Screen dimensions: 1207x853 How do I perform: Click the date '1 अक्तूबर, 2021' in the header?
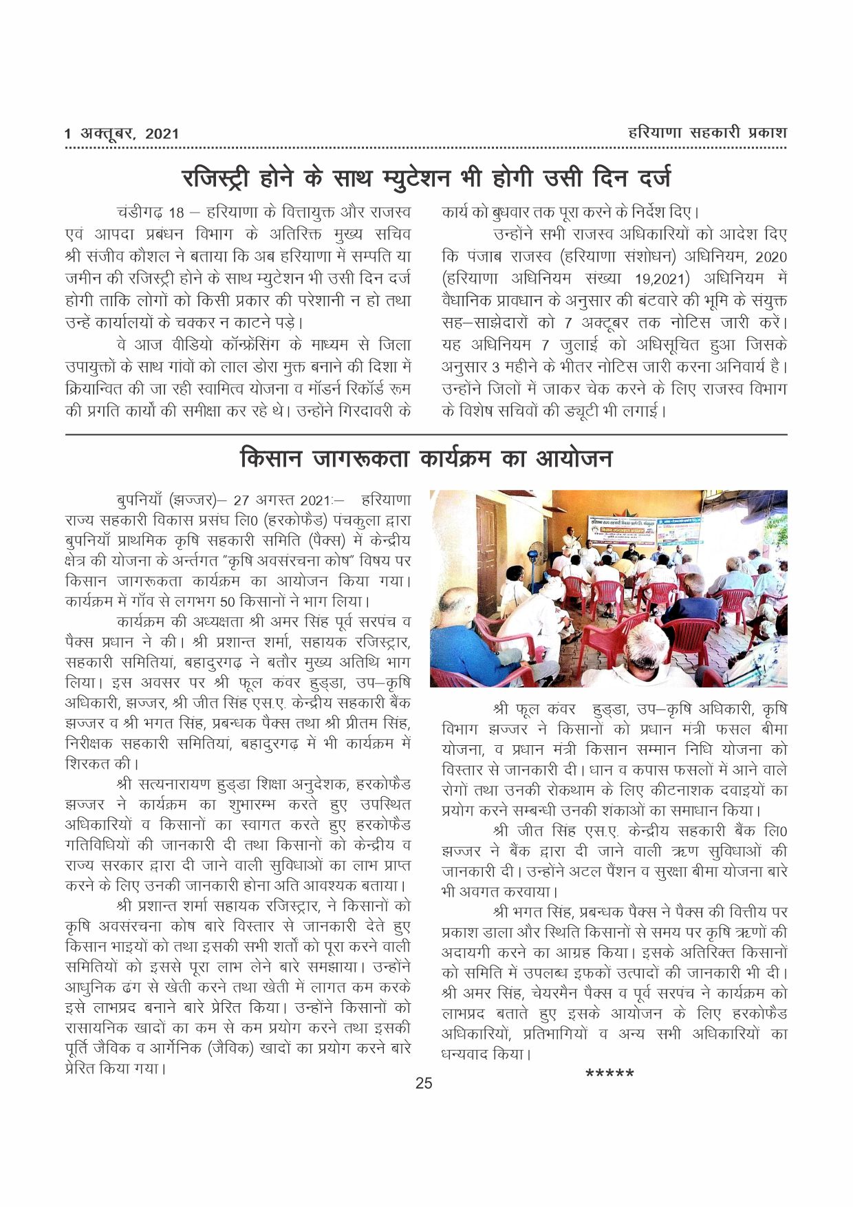point(122,133)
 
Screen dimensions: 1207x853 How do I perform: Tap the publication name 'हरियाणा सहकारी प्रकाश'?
point(707,133)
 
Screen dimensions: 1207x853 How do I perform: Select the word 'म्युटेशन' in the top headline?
point(415,178)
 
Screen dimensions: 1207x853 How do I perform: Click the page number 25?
point(424,1083)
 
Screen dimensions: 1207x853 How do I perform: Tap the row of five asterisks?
point(609,1074)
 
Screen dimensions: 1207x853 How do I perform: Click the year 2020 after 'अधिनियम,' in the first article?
point(770,257)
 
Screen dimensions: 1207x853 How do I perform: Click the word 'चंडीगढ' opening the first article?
point(140,212)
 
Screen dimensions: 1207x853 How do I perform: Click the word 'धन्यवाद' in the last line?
point(466,1054)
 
